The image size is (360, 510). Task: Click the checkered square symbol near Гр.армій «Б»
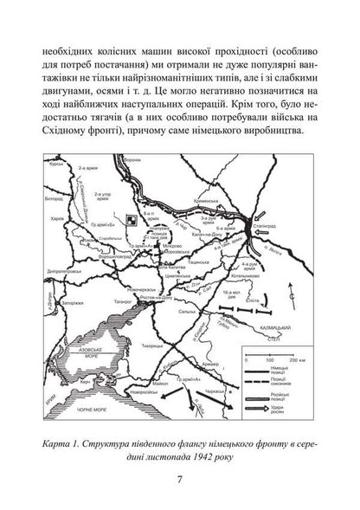pyautogui.click(x=129, y=220)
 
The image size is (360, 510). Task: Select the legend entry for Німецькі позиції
pyautogui.click(x=299, y=369)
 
